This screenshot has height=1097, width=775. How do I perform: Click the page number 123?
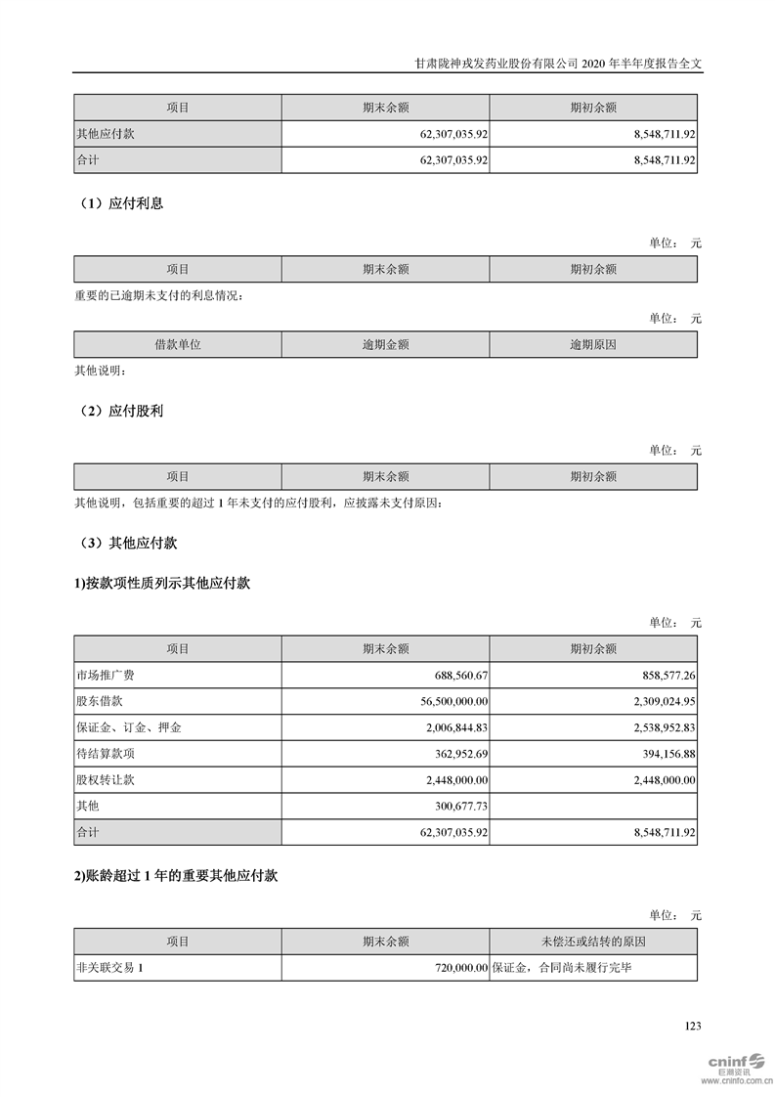coord(693,1026)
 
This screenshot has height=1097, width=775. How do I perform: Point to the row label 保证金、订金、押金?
coord(129,728)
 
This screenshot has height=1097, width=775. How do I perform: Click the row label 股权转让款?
coord(104,780)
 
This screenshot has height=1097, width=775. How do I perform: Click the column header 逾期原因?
coord(593,345)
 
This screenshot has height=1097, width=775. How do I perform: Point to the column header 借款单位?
coord(177,345)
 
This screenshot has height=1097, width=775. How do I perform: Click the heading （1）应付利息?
coord(120,204)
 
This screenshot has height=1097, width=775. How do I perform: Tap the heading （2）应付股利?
coord(120,412)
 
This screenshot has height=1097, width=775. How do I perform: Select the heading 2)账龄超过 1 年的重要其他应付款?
coord(176,877)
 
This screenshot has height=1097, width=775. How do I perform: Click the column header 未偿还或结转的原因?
coord(593,942)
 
